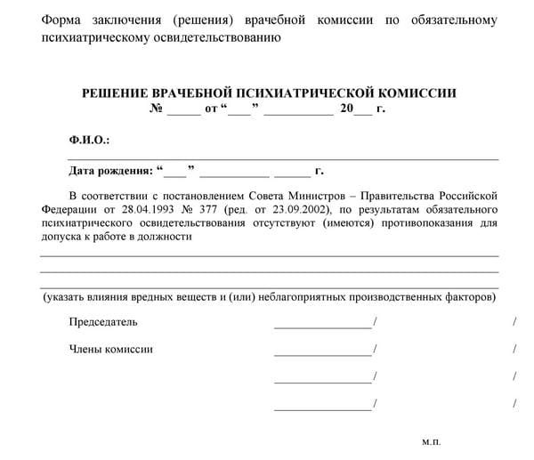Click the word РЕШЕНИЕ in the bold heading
pyautogui.click(x=117, y=93)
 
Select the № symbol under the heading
pyautogui.click(x=154, y=109)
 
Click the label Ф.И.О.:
pyautogui.click(x=88, y=141)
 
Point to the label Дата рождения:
pyautogui.click(x=109, y=170)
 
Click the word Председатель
pyautogui.click(x=103, y=321)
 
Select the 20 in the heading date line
pyautogui.click(x=345, y=109)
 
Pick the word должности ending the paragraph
pyautogui.click(x=168, y=238)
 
